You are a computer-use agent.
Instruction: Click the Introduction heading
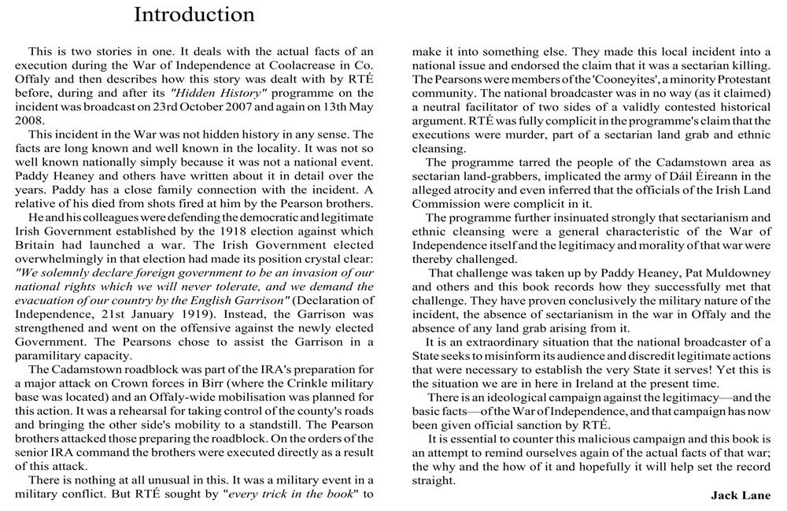point(194,14)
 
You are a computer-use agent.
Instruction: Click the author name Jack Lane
point(741,495)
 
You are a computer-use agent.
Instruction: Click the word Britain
point(36,245)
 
